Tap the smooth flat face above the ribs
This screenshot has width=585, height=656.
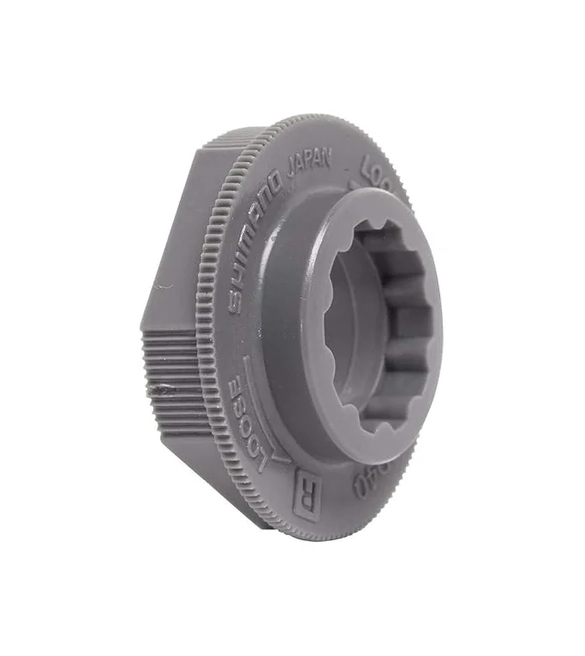pyautogui.click(x=184, y=249)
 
